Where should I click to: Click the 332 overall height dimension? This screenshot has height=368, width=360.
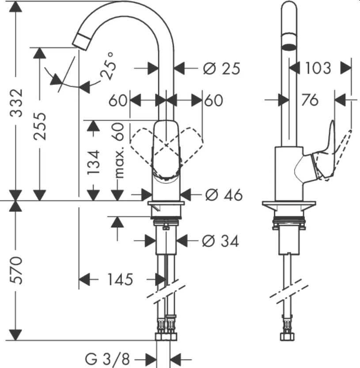click(x=16, y=102)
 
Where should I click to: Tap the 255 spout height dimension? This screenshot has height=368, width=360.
click(x=39, y=126)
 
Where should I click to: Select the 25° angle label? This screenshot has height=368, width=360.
click(x=108, y=66)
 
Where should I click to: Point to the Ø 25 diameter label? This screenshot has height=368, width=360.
click(x=221, y=68)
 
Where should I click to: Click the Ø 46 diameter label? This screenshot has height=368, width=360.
click(x=224, y=194)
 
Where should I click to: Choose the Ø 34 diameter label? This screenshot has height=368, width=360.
click(x=220, y=241)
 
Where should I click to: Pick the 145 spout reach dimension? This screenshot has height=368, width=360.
click(x=120, y=279)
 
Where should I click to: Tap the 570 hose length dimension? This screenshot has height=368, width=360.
click(x=16, y=270)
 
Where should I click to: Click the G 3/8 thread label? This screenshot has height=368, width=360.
click(x=107, y=359)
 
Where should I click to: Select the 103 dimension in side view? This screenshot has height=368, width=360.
click(x=318, y=68)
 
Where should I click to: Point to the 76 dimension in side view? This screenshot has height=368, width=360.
click(x=310, y=100)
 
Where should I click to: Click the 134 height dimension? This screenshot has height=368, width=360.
click(x=93, y=162)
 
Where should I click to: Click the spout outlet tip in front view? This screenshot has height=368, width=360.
click(x=80, y=42)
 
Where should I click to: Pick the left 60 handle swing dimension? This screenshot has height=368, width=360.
click(x=118, y=100)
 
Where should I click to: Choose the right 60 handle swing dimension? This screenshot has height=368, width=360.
click(x=213, y=100)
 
